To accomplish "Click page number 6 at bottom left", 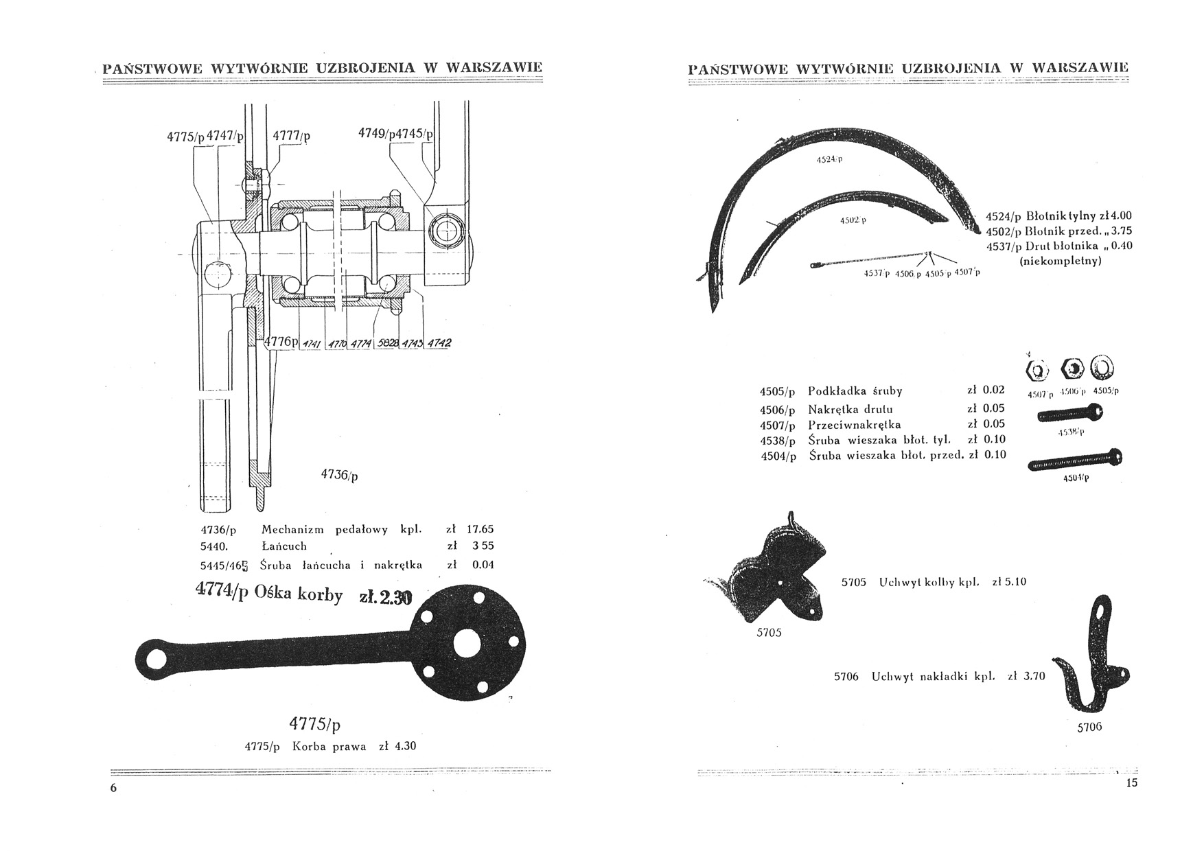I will click(114, 788).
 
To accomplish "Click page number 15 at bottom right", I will click(1131, 783).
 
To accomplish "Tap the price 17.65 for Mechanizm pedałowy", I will click(480, 530).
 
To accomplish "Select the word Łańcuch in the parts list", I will click(284, 546).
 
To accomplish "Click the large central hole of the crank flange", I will click(470, 644).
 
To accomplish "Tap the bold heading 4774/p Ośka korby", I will click(269, 592).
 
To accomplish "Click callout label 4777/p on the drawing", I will click(291, 136).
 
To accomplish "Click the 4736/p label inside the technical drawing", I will click(339, 474).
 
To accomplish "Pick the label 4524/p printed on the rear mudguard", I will click(829, 159).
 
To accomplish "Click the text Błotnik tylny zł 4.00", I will click(1078, 215).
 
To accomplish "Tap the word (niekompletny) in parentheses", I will click(1061, 261).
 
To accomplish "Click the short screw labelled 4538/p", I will click(1069, 413).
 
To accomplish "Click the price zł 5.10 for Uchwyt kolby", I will click(1009, 582).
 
